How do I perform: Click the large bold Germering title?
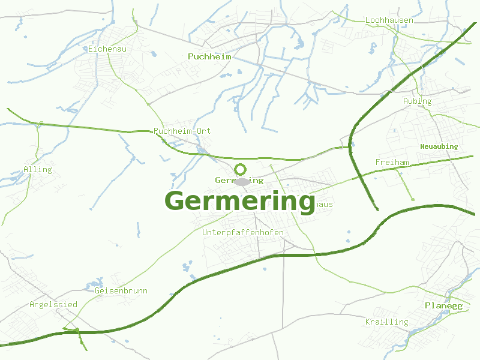pos(240,201)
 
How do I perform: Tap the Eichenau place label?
pos(107,49)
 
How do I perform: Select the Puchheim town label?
pos(209,56)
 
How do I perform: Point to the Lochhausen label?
pos(389,20)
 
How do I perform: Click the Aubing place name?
pos(418,101)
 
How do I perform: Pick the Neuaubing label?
pos(439,146)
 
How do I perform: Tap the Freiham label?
pos(392,163)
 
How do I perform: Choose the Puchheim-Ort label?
pos(182,131)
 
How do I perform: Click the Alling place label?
pos(38,169)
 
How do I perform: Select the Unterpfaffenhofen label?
pos(243,232)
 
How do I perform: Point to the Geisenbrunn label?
pos(121,291)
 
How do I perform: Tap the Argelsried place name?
pos(53,305)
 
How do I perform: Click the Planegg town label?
pos(444,306)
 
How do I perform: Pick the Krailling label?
pos(387,322)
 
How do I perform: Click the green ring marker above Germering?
pos(241,169)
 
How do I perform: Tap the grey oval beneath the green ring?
pos(242,182)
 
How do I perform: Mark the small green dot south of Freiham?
pos(413,199)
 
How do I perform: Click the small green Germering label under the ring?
pos(239,180)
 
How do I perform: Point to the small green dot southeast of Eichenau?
pos(137,90)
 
